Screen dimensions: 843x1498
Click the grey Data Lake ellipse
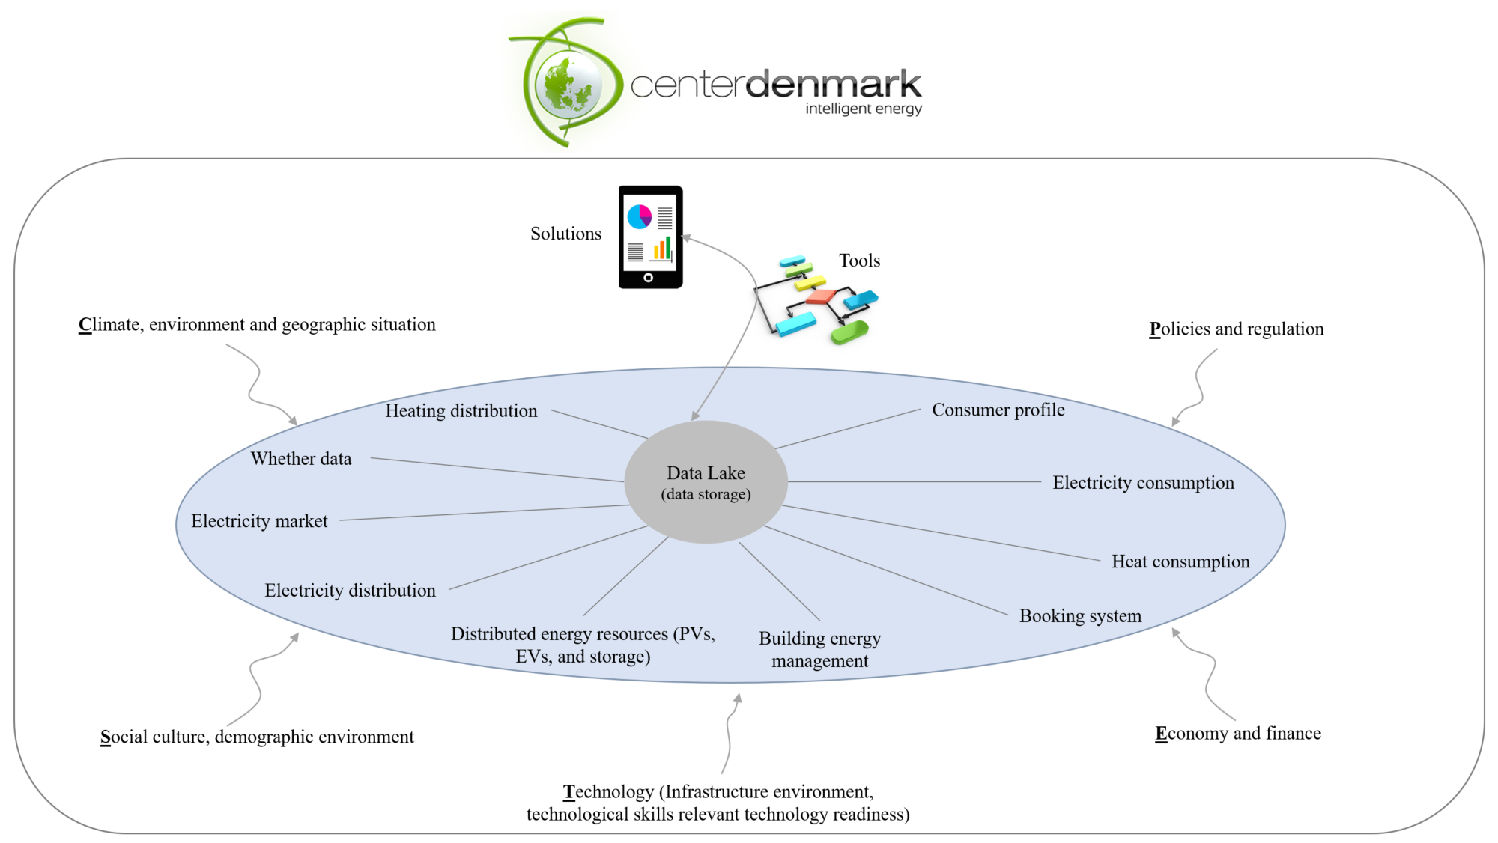pos(706,482)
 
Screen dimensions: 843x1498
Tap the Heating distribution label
pos(461,411)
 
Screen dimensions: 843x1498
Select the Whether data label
pos(301,459)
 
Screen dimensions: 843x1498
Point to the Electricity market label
pos(259,521)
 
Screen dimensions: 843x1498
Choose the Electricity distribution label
pos(350,591)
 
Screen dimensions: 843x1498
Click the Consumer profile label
pos(998,410)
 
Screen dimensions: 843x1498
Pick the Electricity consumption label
pos(1143,483)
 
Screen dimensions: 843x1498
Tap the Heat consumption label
pos(1180,562)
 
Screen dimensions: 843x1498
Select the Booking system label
pos(1080,616)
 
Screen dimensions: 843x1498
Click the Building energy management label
pos(819,650)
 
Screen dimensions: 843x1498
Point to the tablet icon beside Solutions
pos(650,237)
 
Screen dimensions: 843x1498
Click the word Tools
pos(859,261)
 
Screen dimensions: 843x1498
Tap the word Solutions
pos(565,234)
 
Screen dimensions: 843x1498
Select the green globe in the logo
pos(568,85)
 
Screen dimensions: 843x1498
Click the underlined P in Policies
pos(1155,329)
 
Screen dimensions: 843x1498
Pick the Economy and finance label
pos(1238,734)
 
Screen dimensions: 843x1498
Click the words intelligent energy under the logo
pos(863,109)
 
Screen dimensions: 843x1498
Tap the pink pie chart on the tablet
pos(639,216)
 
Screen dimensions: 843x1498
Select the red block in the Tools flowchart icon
pos(820,296)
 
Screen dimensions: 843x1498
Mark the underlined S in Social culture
pos(106,737)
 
